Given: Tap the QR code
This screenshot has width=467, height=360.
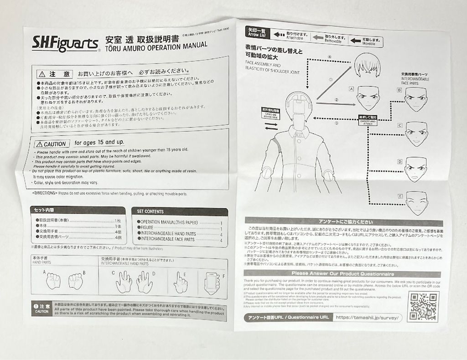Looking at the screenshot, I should pos(423,307).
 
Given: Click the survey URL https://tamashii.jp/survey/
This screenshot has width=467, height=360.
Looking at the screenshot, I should pos(368,317).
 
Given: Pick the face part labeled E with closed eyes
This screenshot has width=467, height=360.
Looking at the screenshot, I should pos(417,202).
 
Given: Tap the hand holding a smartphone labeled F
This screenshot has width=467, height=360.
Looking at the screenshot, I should pos(212,283).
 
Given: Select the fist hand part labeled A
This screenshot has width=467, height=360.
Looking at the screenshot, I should pos(53,280).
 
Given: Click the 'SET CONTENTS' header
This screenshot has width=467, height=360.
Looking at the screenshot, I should pos(150,211).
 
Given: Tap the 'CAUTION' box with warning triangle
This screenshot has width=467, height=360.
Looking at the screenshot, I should pos(52,144).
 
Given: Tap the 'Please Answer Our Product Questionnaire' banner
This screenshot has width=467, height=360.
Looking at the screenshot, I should pos(343,273).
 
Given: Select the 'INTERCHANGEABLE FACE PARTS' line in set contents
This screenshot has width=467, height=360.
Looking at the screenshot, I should pos(168,239).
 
